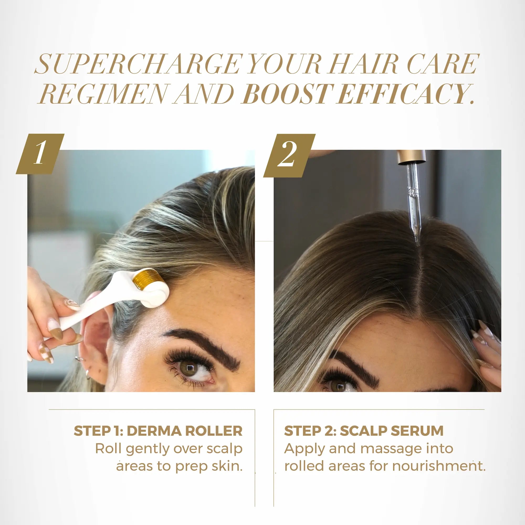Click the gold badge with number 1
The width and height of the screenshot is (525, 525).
tap(40, 154)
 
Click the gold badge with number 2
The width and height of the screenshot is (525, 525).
tap(289, 155)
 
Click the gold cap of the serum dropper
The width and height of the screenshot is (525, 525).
tap(411, 157)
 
